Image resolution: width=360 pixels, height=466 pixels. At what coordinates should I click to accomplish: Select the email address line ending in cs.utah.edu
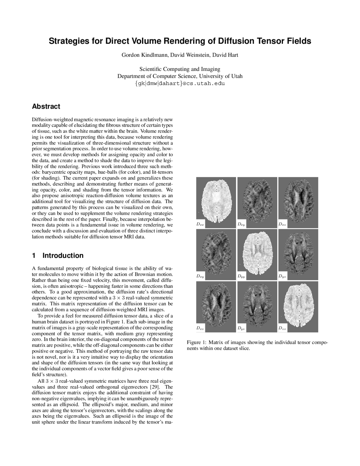tap(180, 84)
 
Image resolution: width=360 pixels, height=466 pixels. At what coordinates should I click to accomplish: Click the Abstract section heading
tap(46, 107)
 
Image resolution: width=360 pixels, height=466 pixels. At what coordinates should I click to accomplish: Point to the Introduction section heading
tap(63, 256)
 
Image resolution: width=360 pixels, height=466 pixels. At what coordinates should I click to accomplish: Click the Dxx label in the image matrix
tap(200, 224)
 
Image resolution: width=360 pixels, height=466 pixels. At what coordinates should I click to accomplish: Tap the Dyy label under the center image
tap(241, 277)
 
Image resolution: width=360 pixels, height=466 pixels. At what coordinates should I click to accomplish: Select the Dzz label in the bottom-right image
tap(282, 328)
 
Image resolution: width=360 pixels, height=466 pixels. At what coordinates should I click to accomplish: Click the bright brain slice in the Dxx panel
tap(216, 201)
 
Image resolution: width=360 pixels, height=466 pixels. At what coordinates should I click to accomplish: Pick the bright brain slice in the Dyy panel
tap(257, 254)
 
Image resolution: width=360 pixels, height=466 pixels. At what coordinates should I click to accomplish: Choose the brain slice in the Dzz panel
tap(298, 305)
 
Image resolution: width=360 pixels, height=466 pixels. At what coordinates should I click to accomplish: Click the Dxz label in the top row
tap(282, 224)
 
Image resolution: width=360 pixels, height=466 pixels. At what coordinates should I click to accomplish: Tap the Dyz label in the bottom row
tap(241, 328)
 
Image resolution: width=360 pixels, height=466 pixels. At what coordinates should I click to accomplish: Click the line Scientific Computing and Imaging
tap(180, 69)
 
